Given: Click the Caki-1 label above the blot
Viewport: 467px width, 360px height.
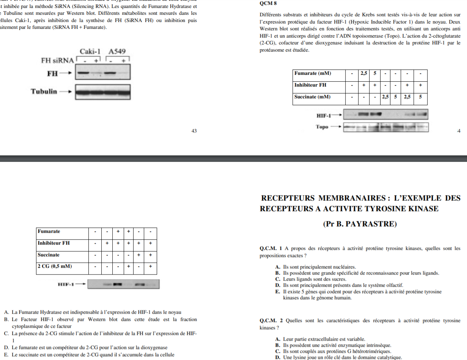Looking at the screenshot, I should [90, 51].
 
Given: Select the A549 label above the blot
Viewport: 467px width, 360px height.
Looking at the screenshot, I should [117, 51].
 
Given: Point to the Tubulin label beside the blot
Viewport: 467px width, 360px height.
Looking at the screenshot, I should [44, 91].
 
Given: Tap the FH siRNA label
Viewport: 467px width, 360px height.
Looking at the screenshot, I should [57, 60].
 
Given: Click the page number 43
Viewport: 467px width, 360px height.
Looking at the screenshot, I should [194, 131].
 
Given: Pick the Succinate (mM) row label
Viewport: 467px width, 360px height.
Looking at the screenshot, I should [312, 97].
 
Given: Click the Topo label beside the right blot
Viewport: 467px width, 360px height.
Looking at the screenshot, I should [322, 127].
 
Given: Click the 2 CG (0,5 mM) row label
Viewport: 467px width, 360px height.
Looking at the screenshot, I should [55, 266].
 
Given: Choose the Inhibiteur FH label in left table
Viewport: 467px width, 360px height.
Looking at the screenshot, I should [53, 243].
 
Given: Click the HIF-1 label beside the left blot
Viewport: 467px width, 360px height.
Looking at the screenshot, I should [66, 284].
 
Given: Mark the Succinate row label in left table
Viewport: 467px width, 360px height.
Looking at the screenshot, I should [49, 254].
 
